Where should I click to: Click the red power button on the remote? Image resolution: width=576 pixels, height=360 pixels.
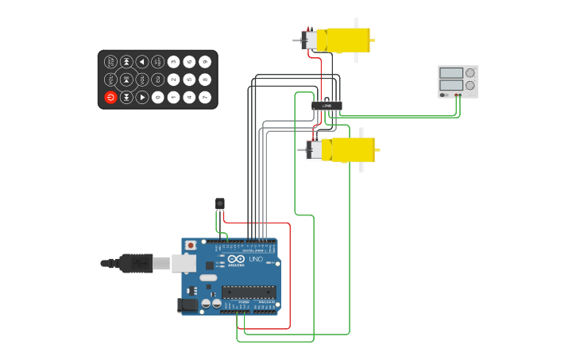pyautogui.click(x=110, y=97)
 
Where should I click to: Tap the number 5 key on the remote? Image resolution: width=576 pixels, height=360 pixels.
pyautogui.click(x=189, y=79)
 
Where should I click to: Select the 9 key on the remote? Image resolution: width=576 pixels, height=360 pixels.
pyautogui.click(x=205, y=61)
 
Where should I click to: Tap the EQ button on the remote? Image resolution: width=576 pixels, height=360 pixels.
pyautogui.click(x=157, y=79)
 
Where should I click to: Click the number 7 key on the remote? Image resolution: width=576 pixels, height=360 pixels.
pyautogui.click(x=205, y=97)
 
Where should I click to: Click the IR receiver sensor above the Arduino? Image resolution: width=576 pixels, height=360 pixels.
pyautogui.click(x=220, y=203)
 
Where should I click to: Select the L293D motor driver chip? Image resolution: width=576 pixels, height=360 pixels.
pyautogui.click(x=327, y=105)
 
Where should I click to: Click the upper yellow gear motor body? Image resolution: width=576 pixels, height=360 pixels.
pyautogui.click(x=347, y=40)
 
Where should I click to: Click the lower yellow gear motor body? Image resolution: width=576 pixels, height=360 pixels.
pyautogui.click(x=352, y=149)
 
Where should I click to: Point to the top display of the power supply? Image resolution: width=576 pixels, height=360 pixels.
pyautogui.click(x=450, y=73)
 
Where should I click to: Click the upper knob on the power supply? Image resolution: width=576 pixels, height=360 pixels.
pyautogui.click(x=470, y=72)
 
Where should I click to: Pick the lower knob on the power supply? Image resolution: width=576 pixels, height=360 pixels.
pyautogui.click(x=470, y=85)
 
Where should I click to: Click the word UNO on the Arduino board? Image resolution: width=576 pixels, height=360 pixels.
pyautogui.click(x=256, y=259)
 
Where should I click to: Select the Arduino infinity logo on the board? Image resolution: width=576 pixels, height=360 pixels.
pyautogui.click(x=236, y=258)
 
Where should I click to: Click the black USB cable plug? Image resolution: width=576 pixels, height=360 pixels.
pyautogui.click(x=136, y=263)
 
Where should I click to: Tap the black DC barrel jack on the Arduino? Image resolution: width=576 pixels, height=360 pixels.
pyautogui.click(x=188, y=304)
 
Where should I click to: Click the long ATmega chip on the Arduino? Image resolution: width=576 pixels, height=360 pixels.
pyautogui.click(x=249, y=292)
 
